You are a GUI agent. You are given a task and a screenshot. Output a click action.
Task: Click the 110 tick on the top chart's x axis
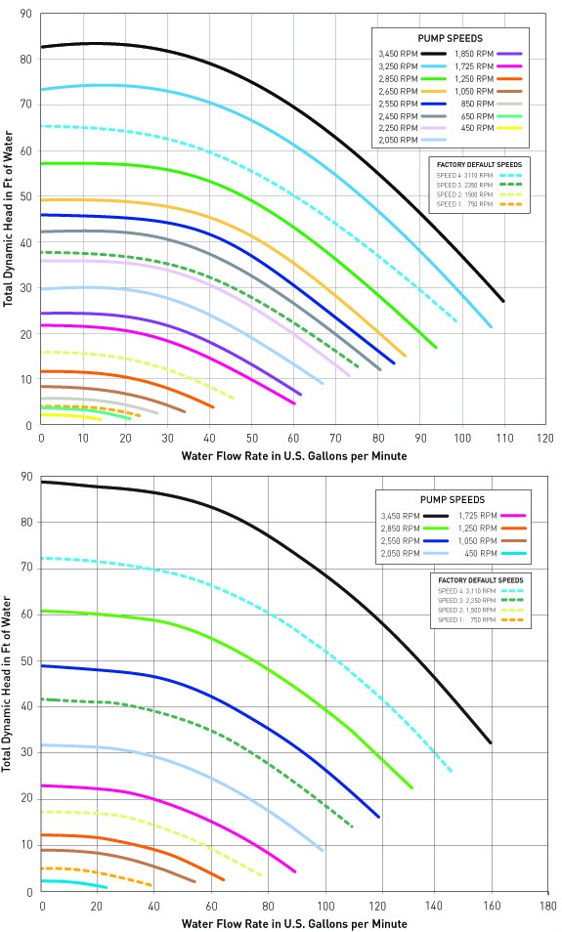click(x=503, y=438)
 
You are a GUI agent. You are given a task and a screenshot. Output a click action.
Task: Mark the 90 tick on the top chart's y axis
click(x=24, y=15)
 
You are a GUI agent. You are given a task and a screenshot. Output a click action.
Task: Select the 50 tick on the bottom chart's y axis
click(x=24, y=661)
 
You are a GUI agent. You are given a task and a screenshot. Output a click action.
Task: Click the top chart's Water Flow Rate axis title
click(x=293, y=455)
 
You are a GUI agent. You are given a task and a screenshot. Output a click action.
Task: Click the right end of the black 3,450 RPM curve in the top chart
click(x=503, y=301)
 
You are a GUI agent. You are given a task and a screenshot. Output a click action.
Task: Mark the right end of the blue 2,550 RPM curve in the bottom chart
click(x=379, y=817)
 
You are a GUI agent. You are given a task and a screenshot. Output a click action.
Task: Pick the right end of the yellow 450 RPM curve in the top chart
click(x=101, y=419)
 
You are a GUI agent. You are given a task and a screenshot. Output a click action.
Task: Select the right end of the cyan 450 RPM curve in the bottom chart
click(x=106, y=887)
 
